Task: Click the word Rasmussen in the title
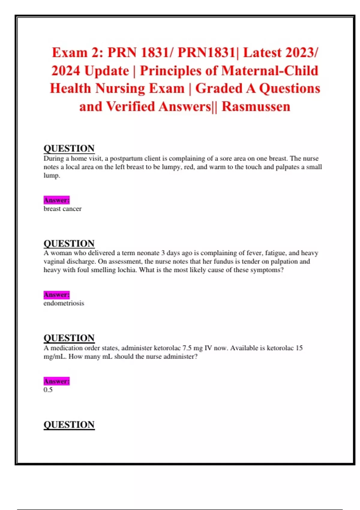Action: tap(256, 106)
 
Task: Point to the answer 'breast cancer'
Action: tap(62, 209)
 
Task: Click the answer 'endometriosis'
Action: tap(64, 303)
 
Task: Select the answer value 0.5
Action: tap(48, 390)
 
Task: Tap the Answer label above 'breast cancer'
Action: tap(56, 200)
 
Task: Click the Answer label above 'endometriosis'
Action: tap(56, 295)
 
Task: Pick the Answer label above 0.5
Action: tap(56, 381)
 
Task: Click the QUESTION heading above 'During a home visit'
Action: tap(69, 148)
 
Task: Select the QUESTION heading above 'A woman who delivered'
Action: tap(69, 243)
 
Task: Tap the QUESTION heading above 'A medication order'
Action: tap(69, 338)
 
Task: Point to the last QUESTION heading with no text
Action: tap(69, 425)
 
